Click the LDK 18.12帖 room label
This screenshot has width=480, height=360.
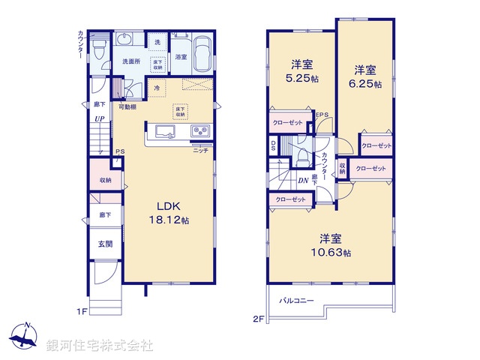click(172, 213)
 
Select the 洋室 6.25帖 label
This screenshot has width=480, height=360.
click(366, 77)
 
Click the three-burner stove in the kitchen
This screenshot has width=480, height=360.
click(201, 132)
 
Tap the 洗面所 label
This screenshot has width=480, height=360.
click(130, 61)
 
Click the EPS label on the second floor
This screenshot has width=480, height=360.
click(322, 115)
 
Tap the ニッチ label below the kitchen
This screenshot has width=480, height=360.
click(201, 151)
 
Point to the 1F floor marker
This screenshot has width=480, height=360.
click(82, 309)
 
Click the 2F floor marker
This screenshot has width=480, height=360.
click(257, 318)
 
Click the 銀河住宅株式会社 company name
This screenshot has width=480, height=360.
click(100, 346)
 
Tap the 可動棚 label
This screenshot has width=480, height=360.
click(127, 108)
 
